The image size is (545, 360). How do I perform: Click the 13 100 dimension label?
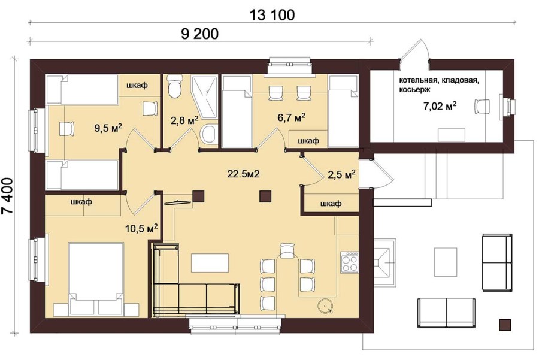coord(272,15)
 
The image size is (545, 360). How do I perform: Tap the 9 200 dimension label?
coord(200,34)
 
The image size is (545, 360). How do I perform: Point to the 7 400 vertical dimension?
coord(8,196)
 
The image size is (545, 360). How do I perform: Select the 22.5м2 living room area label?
coord(244,173)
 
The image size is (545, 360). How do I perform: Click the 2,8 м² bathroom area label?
coord(184,120)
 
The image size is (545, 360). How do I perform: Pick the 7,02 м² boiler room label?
coord(440,105)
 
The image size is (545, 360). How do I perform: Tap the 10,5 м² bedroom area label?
coord(141,228)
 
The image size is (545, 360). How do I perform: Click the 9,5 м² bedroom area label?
coord(108,128)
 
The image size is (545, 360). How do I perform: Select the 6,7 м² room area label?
coord(291,117)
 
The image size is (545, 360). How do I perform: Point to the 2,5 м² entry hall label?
coord(341,174)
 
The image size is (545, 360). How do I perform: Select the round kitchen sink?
coord(326,306)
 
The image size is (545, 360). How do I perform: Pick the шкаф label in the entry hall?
coord(331,204)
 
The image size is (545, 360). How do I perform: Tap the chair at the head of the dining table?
coord(287,250)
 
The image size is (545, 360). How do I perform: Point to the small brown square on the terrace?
coord(505,325)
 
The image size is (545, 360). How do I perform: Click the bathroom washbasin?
coord(208,134)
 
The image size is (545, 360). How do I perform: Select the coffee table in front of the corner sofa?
coord(210,263)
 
